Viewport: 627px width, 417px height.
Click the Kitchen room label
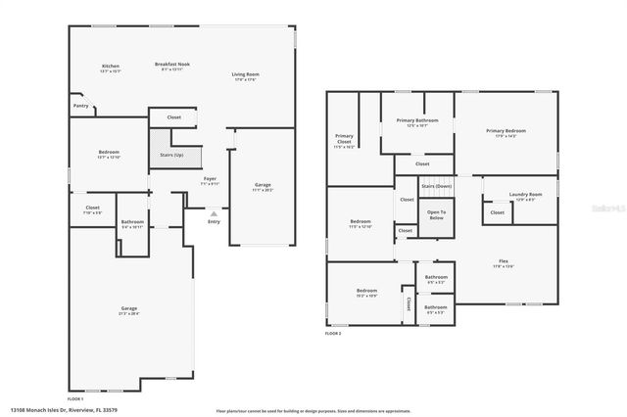110,66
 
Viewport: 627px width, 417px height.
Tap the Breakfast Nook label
172,64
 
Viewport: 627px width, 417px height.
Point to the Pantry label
81,105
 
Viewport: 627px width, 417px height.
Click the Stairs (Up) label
171,155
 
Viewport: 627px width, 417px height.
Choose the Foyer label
210,179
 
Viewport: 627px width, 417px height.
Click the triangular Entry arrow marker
214,212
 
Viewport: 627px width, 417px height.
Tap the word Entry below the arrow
214,222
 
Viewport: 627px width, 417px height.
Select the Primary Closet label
344,139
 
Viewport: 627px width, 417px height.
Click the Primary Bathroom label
417,120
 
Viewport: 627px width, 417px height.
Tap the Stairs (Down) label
436,185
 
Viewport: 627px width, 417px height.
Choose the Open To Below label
436,214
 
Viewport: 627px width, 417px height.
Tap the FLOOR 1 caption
75,399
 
